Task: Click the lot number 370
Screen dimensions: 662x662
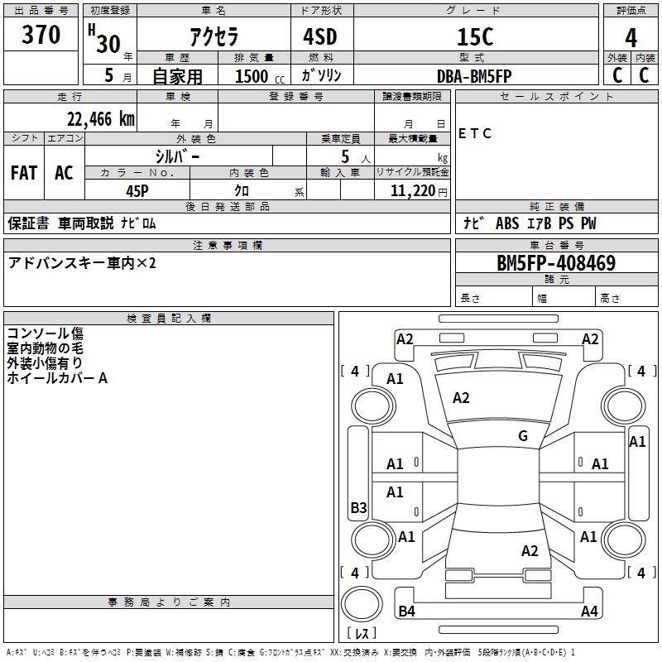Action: point(41,35)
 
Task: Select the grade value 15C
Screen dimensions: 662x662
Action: point(475,36)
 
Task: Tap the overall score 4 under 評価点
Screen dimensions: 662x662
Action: point(631,38)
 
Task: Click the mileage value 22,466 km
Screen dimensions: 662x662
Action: point(100,119)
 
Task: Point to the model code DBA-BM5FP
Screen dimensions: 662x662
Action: point(474,76)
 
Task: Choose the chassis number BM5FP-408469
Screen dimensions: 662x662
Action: point(556,263)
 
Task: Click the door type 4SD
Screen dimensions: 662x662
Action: point(320,36)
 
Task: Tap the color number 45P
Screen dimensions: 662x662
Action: point(137,191)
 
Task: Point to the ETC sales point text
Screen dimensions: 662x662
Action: point(474,133)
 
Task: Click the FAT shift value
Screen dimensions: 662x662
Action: point(24,173)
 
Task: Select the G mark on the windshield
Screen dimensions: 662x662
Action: point(523,436)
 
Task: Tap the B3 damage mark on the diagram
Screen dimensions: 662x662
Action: point(358,507)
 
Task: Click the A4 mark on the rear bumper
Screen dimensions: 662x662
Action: point(589,611)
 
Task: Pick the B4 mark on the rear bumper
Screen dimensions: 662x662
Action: point(406,611)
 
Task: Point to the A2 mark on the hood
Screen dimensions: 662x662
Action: point(461,398)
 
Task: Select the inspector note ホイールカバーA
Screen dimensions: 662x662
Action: point(57,378)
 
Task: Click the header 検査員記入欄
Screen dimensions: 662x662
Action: point(169,319)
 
